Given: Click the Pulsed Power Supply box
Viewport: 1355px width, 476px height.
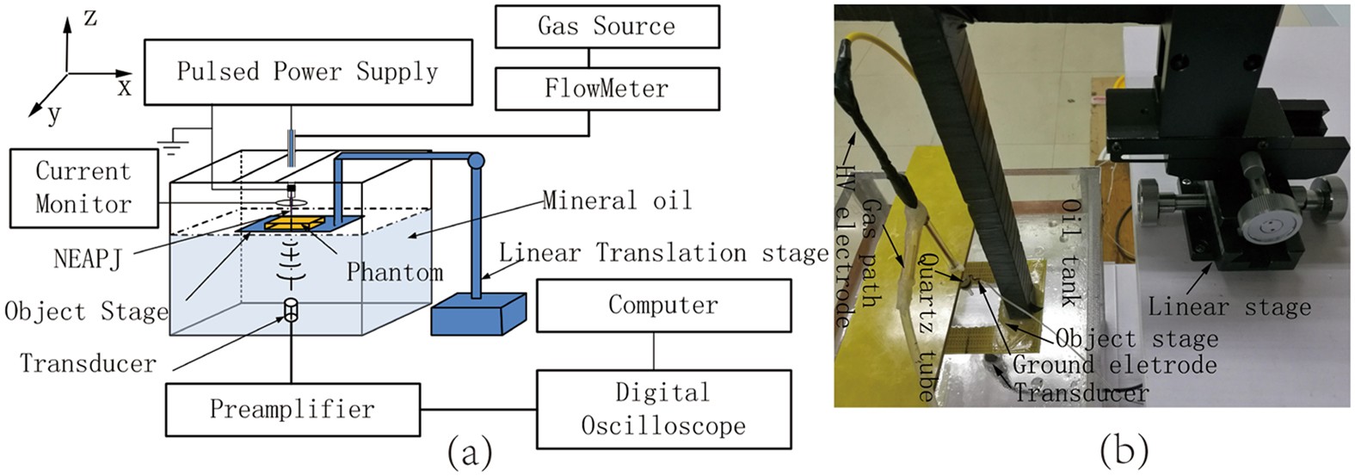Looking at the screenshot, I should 307,71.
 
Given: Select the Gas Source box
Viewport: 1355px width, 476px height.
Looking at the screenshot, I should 607,26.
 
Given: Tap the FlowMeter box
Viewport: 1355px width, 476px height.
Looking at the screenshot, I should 607,89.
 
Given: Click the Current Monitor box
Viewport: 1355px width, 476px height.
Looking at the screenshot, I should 83,188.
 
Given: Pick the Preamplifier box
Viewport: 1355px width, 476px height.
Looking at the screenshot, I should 292,409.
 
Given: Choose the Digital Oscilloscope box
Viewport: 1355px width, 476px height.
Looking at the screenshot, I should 662,409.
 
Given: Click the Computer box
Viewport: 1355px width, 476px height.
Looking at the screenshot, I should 662,305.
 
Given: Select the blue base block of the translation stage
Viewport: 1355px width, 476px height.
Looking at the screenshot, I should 477,313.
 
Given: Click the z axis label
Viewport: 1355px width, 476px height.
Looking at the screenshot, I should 89,18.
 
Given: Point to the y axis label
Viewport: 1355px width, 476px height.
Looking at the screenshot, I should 54,114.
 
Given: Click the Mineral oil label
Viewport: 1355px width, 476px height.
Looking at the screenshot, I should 617,201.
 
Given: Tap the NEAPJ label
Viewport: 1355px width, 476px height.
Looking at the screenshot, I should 88,257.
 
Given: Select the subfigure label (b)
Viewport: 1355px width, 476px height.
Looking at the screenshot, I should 1124,449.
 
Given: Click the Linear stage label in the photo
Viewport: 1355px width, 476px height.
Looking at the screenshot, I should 1229,306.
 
